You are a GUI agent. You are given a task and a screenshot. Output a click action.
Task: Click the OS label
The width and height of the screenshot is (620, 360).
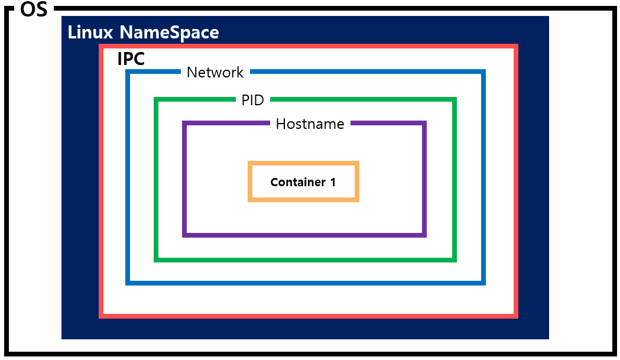pyautogui.click(x=34, y=9)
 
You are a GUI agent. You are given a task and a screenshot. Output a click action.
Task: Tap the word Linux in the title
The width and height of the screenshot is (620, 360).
pyautogui.click(x=90, y=32)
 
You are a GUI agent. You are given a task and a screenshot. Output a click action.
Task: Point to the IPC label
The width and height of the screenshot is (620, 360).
pyautogui.click(x=131, y=59)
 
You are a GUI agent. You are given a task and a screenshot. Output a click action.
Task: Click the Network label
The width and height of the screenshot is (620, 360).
pyautogui.click(x=215, y=72)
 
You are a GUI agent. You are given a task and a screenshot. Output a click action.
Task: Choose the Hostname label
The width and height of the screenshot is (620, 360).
pyautogui.click(x=310, y=124)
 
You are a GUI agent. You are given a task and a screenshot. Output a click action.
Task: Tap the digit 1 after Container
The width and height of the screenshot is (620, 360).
pyautogui.click(x=333, y=182)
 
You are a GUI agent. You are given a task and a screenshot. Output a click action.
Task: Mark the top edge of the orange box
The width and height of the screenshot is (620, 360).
pyautogui.click(x=303, y=163)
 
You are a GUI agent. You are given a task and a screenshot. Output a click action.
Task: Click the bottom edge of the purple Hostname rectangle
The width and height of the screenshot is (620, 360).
pyautogui.click(x=304, y=235)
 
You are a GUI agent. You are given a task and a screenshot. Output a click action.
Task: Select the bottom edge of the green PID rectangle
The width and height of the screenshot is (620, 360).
pyautogui.click(x=305, y=260)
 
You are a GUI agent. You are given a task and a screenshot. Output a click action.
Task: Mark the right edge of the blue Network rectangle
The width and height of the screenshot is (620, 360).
pyautogui.click(x=483, y=177)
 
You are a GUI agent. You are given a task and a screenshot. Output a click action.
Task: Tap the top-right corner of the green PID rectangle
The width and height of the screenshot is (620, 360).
pyautogui.click(x=455, y=99)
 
